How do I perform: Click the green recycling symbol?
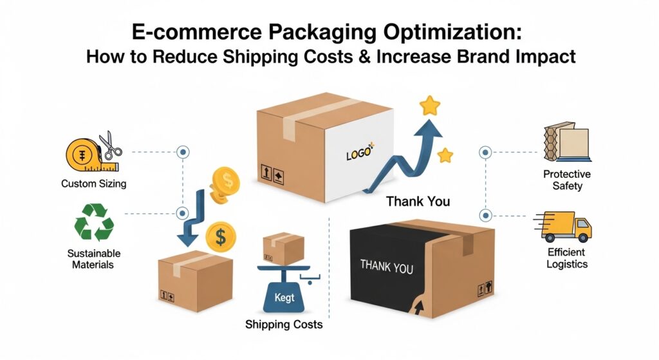[94, 222]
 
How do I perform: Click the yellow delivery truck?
[563, 227]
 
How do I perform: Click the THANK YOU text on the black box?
[386, 265]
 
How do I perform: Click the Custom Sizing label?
[94, 184]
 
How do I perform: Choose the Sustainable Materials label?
[93, 259]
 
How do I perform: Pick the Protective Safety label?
[566, 180]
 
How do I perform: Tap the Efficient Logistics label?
[567, 258]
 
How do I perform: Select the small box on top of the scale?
[283, 248]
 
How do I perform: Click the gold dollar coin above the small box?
[221, 236]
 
